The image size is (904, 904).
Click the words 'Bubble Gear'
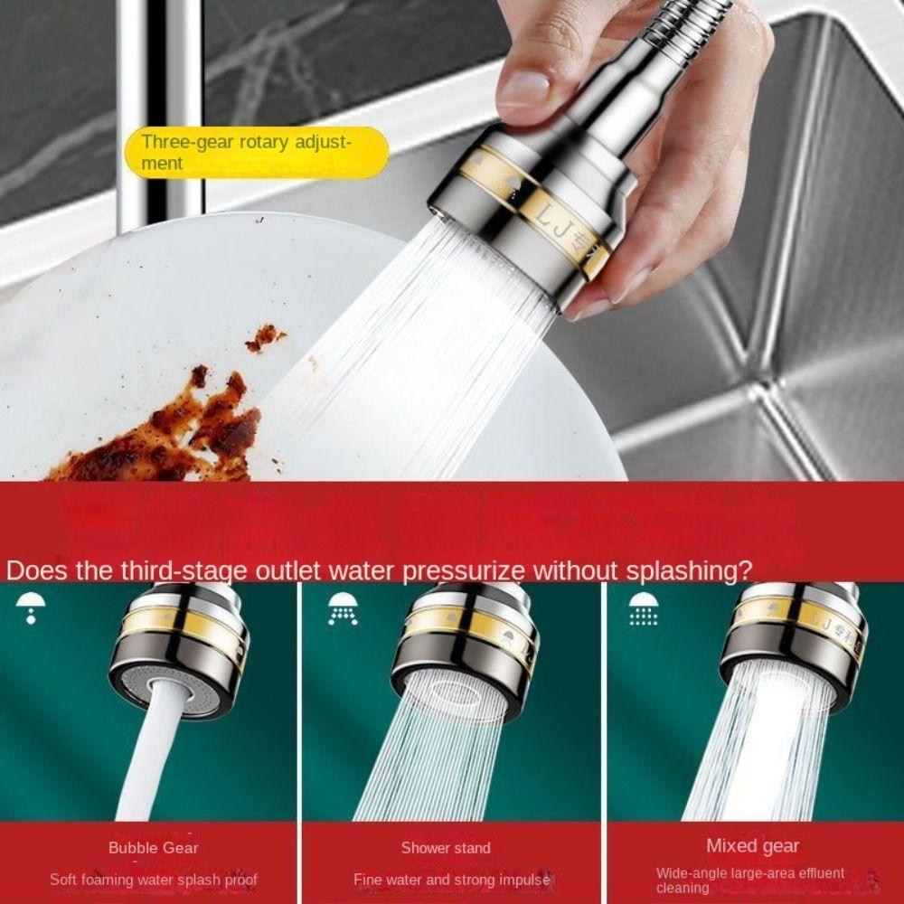153,848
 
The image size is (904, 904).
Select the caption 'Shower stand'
446,848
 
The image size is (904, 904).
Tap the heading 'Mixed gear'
752,846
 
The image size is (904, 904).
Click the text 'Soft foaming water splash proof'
153,880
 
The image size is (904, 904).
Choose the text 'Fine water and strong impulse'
451,880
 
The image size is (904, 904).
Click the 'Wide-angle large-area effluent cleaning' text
749,880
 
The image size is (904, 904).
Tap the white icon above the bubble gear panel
31,607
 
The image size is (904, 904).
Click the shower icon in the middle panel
343,608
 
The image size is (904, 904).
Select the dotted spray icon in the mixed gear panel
643,608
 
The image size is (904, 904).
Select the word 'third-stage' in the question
171,571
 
